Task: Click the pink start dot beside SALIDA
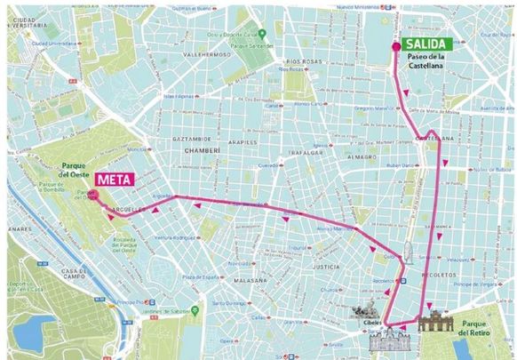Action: pos(396,49)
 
